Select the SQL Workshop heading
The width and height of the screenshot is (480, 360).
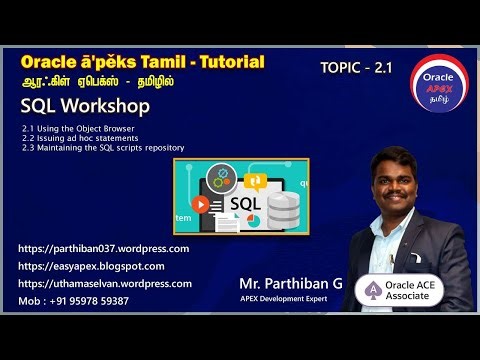click(85, 106)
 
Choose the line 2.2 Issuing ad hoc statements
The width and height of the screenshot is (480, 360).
click(79, 138)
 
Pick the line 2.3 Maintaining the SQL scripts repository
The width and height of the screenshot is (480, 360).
click(102, 147)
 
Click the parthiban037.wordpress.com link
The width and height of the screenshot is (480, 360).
click(104, 248)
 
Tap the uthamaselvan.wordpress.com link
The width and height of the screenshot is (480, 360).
click(105, 283)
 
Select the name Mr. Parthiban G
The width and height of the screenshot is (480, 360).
click(290, 283)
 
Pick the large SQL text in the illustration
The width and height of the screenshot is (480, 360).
click(245, 203)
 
